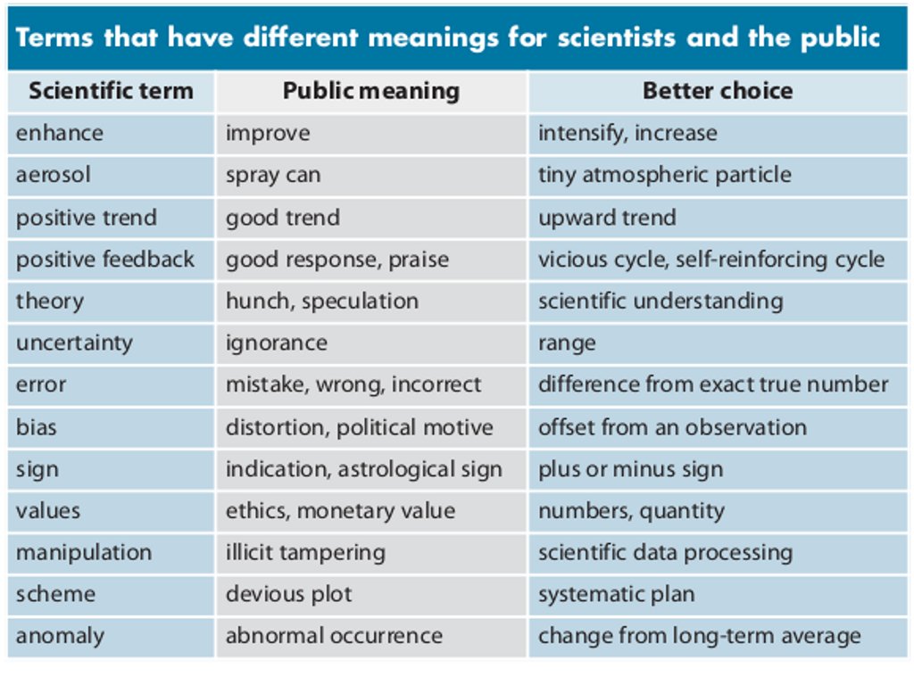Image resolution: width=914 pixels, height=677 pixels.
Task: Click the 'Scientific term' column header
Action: [x=110, y=91]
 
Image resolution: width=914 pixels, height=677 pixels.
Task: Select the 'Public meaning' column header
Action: [x=370, y=91]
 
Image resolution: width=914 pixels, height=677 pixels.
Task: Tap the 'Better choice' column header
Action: [x=717, y=91]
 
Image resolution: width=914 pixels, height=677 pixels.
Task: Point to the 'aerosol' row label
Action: [x=53, y=175]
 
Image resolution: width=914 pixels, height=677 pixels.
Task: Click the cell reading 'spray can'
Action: [x=272, y=175]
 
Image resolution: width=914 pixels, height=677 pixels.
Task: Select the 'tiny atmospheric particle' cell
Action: [x=664, y=175]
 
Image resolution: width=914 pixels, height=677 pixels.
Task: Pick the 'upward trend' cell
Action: [x=606, y=218]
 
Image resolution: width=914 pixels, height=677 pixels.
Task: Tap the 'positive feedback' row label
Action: [x=104, y=260]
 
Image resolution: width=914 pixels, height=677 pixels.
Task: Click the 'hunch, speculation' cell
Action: [x=321, y=301]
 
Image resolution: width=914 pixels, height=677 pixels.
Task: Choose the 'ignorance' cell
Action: [x=276, y=343]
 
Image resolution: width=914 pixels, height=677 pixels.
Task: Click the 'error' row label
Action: [x=40, y=385]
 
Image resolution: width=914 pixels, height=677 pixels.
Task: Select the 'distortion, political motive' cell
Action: [x=359, y=427]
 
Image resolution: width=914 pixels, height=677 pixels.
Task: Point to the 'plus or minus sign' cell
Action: [x=630, y=469]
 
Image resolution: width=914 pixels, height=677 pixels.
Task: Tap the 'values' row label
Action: [x=47, y=511]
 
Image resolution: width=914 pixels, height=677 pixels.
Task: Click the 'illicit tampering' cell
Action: [x=305, y=553]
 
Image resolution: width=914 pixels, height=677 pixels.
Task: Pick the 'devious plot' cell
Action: [x=288, y=594]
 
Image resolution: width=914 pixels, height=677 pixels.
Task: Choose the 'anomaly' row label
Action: [x=59, y=636]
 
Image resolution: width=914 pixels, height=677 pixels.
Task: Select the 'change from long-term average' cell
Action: [x=699, y=636]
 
